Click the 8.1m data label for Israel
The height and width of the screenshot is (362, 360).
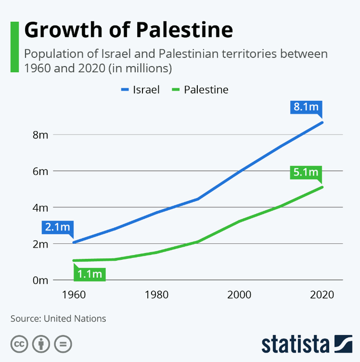tap(306, 107)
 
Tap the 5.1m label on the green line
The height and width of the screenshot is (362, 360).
tap(306, 172)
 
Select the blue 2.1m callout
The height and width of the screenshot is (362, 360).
tap(57, 227)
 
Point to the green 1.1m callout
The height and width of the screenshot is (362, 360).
tap(90, 274)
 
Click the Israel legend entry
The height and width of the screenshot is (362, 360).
tap(140, 89)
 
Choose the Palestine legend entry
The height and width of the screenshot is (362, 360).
tap(200, 89)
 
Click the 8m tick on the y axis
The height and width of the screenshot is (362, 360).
tap(40, 135)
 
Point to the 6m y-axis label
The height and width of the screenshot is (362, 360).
tap(40, 171)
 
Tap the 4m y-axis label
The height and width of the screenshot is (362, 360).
tap(40, 208)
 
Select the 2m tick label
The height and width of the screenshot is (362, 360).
tap(40, 244)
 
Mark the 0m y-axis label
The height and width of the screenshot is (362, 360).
tap(40, 280)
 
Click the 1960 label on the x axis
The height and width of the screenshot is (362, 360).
tap(74, 295)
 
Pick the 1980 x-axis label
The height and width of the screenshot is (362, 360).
tap(156, 295)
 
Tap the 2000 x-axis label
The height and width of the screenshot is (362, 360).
tap(239, 295)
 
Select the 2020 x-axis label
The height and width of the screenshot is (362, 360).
tap(322, 295)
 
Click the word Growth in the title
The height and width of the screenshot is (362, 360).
tap(63, 30)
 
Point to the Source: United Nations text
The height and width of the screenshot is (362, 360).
tap(58, 318)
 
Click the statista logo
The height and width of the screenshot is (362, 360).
tap(307, 344)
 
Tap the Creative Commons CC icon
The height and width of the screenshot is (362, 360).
tap(19, 344)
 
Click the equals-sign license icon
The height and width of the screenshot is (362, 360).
tap(63, 344)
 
